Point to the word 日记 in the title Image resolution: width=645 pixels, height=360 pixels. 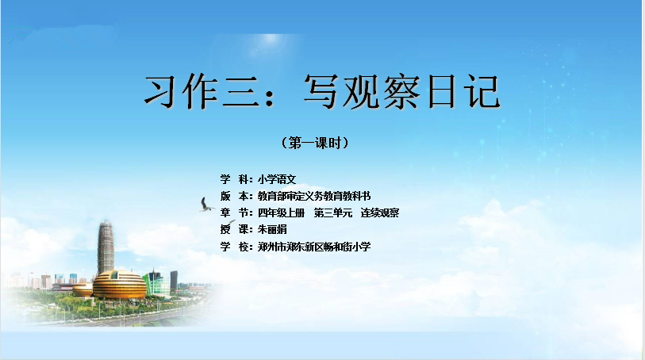coord(463,91)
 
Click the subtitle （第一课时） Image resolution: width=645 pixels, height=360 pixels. coord(315,143)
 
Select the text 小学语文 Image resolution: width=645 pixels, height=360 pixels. coord(277,179)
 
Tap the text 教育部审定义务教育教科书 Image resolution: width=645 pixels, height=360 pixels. coord(314,196)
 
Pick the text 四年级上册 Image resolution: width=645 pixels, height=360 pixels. coord(282,213)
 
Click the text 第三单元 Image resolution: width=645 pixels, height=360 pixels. coord(333,213)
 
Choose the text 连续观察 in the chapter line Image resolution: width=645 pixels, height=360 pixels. coord(380,213)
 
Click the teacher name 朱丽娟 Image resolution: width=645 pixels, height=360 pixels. coord(272,229)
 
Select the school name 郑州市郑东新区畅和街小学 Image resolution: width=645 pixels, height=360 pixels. coord(314,247)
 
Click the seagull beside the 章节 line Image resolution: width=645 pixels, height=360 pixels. coord(206,205)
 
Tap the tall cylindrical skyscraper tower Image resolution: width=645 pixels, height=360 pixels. coord(106,247)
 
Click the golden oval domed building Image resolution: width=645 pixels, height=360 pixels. coord(119,284)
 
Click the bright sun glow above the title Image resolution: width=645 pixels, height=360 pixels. coord(271,40)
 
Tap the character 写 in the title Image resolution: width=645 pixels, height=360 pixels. coord(321,91)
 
